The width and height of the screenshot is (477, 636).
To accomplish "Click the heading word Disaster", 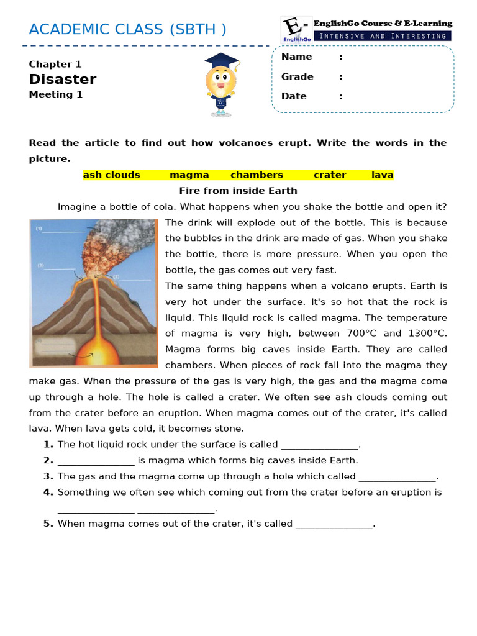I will (63, 79).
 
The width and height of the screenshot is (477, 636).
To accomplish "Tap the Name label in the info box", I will (297, 57).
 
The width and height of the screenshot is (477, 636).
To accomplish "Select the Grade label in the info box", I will (298, 76).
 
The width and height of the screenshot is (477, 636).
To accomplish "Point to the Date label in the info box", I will (294, 96).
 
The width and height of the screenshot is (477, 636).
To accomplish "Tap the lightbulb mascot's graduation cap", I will (221, 60).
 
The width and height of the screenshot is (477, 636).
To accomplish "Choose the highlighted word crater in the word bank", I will (330, 175).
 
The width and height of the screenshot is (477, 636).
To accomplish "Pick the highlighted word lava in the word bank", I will (383, 175).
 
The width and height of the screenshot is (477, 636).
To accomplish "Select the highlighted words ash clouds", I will (112, 175).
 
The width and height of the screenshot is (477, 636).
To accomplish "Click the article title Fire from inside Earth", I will (238, 191).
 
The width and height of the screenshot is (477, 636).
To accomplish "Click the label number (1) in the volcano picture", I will (39, 229).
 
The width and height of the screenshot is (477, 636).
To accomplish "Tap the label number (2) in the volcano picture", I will (40, 265).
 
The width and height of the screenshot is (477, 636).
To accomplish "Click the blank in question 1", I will (320, 445).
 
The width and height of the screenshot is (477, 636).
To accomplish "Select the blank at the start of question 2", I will (96, 461).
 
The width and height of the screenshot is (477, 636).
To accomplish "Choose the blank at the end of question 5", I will (334, 524).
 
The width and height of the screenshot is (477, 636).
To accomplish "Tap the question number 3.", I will (48, 476).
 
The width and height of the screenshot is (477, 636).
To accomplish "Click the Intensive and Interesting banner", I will (383, 36).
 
